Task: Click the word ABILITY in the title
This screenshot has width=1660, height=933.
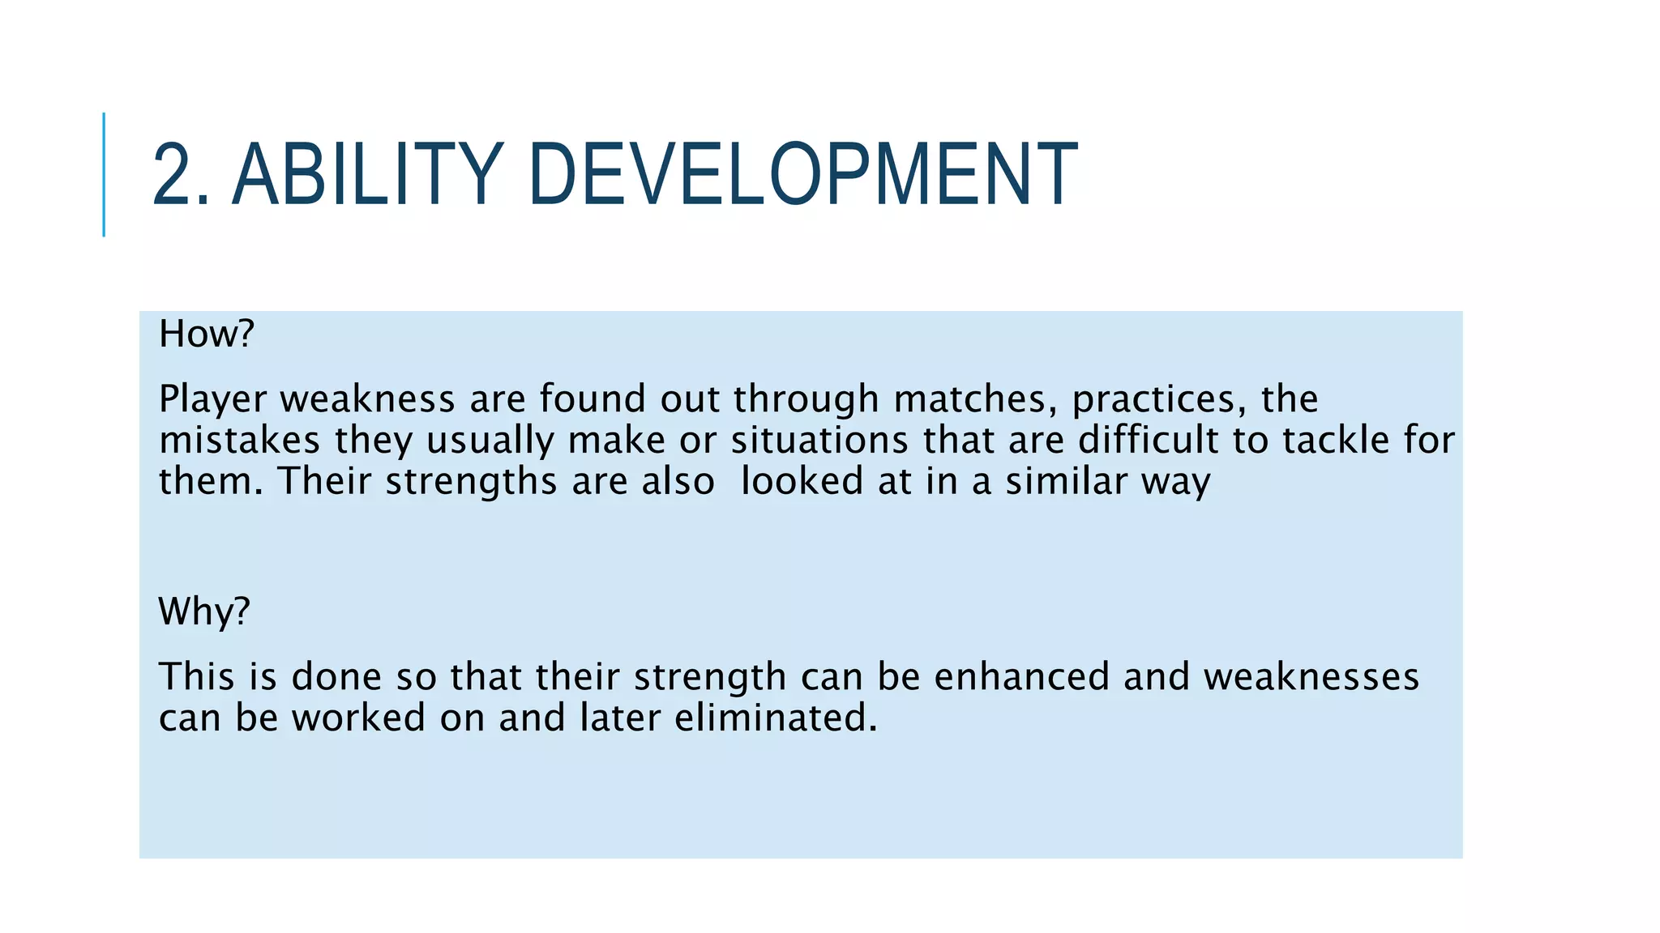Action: click(x=368, y=175)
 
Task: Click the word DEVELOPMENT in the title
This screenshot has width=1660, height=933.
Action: click(x=802, y=175)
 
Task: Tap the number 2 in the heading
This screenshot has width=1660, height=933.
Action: click(x=173, y=175)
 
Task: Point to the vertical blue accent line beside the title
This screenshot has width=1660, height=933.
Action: click(x=104, y=175)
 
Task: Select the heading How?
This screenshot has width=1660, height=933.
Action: click(x=207, y=334)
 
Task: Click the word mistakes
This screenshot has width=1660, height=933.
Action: click(x=239, y=441)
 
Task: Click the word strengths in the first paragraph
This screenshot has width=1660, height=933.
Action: click(x=471, y=483)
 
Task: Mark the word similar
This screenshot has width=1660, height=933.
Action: click(x=1067, y=481)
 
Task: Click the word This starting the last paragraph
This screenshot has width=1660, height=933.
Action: click(x=196, y=676)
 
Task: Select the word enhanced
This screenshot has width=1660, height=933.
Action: click(x=1021, y=676)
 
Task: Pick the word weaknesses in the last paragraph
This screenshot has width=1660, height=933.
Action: click(x=1311, y=676)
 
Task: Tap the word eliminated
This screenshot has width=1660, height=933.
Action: click(x=775, y=718)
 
